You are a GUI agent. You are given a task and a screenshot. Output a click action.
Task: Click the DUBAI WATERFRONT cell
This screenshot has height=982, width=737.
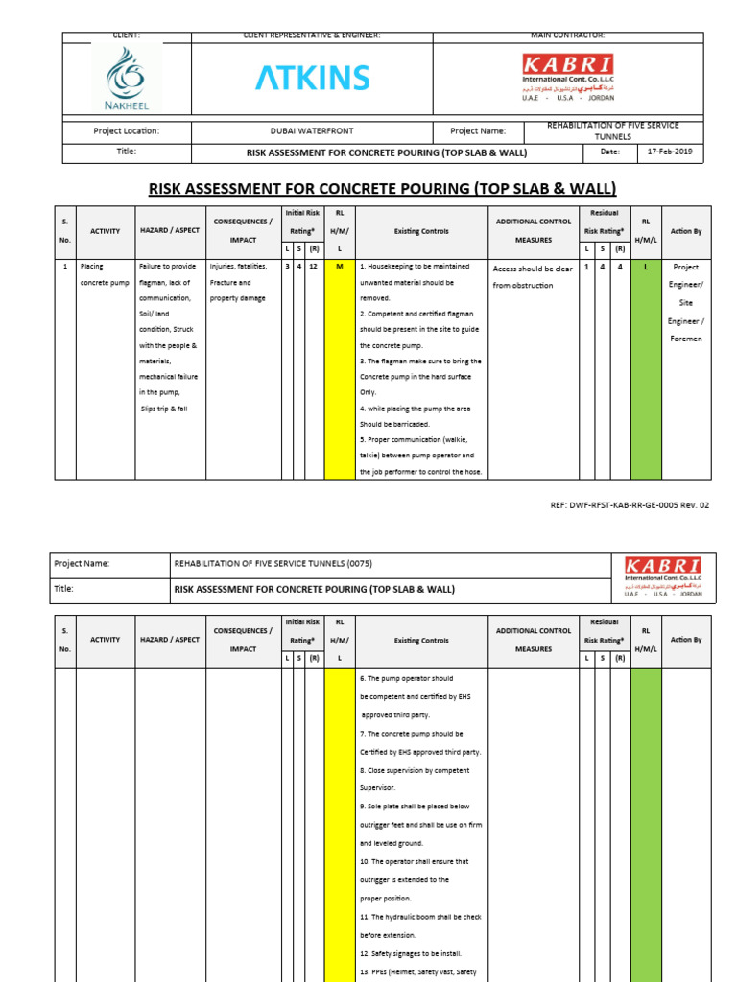tap(312, 131)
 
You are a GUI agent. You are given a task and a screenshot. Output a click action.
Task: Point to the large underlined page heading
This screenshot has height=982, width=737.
tap(381, 188)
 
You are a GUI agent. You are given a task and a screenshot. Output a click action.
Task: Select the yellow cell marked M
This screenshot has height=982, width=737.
tap(339, 267)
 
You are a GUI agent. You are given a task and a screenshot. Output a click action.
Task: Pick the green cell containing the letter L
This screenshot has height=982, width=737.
tap(646, 267)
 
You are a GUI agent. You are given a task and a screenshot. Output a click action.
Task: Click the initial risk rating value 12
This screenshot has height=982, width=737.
tap(314, 267)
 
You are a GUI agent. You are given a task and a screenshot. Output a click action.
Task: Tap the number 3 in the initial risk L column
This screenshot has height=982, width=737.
tap(287, 267)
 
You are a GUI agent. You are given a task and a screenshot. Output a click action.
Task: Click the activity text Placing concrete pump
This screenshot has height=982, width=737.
tap(104, 274)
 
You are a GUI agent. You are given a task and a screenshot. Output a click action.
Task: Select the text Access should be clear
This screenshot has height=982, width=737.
tap(532, 269)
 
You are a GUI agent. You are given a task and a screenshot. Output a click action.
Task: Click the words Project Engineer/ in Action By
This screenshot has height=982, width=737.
tap(686, 275)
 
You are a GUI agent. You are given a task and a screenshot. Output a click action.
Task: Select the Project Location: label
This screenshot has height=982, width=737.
tap(126, 131)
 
